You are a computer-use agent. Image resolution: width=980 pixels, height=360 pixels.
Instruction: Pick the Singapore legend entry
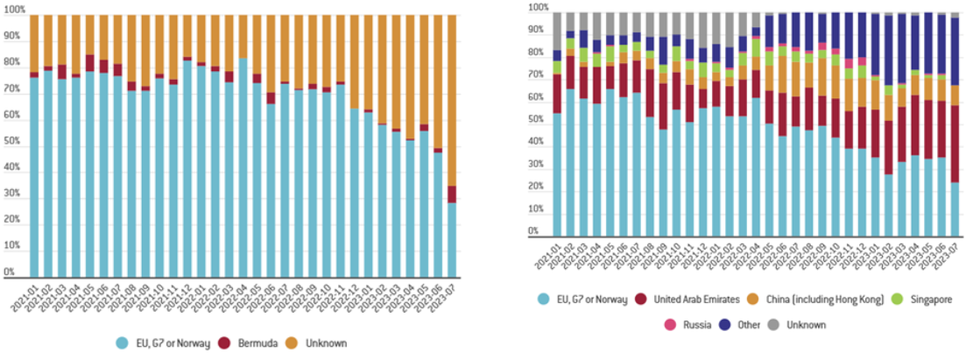pyautogui.click(x=927, y=300)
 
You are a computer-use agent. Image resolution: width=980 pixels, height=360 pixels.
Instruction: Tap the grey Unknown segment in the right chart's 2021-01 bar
pyautogui.click(x=557, y=31)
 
